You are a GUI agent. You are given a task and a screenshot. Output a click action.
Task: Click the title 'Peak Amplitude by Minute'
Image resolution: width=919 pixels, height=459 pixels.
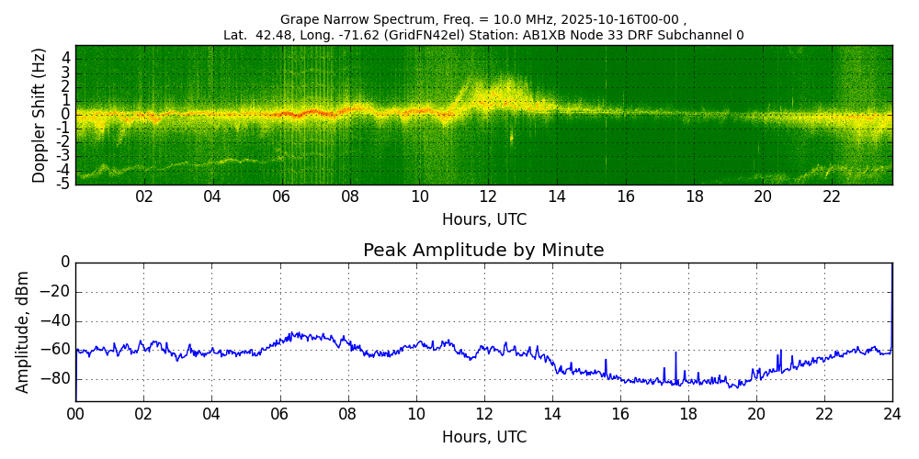pyautogui.click(x=483, y=251)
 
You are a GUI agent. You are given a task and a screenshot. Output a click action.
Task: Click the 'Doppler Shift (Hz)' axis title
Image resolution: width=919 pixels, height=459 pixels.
pyautogui.click(x=39, y=115)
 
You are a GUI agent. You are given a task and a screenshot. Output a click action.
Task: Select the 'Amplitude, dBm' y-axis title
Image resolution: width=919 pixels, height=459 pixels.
pyautogui.click(x=23, y=331)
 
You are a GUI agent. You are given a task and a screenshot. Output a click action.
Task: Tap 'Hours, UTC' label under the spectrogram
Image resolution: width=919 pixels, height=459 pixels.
pyautogui.click(x=484, y=220)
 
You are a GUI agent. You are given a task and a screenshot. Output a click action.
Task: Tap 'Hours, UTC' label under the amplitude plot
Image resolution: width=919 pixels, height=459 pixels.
pyautogui.click(x=484, y=437)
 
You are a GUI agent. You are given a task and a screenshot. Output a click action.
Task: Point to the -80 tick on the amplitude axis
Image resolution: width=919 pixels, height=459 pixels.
pyautogui.click(x=57, y=378)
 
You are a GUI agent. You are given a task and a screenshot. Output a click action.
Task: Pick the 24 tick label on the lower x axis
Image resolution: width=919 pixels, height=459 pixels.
pyautogui.click(x=892, y=413)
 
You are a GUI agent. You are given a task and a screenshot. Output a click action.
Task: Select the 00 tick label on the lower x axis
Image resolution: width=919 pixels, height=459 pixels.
pyautogui.click(x=75, y=413)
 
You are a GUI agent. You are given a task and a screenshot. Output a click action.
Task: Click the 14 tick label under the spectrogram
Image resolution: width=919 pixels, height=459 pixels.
pyautogui.click(x=557, y=196)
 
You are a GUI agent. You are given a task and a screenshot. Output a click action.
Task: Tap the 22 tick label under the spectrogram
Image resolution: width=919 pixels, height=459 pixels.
pyautogui.click(x=832, y=196)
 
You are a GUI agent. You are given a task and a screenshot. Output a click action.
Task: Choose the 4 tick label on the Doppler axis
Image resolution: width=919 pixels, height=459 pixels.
pyautogui.click(x=65, y=58)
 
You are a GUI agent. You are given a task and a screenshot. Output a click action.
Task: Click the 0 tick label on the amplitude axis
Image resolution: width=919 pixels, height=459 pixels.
pyautogui.click(x=65, y=263)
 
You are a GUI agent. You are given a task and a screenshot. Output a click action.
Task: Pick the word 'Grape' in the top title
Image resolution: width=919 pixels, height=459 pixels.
pyautogui.click(x=300, y=19)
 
